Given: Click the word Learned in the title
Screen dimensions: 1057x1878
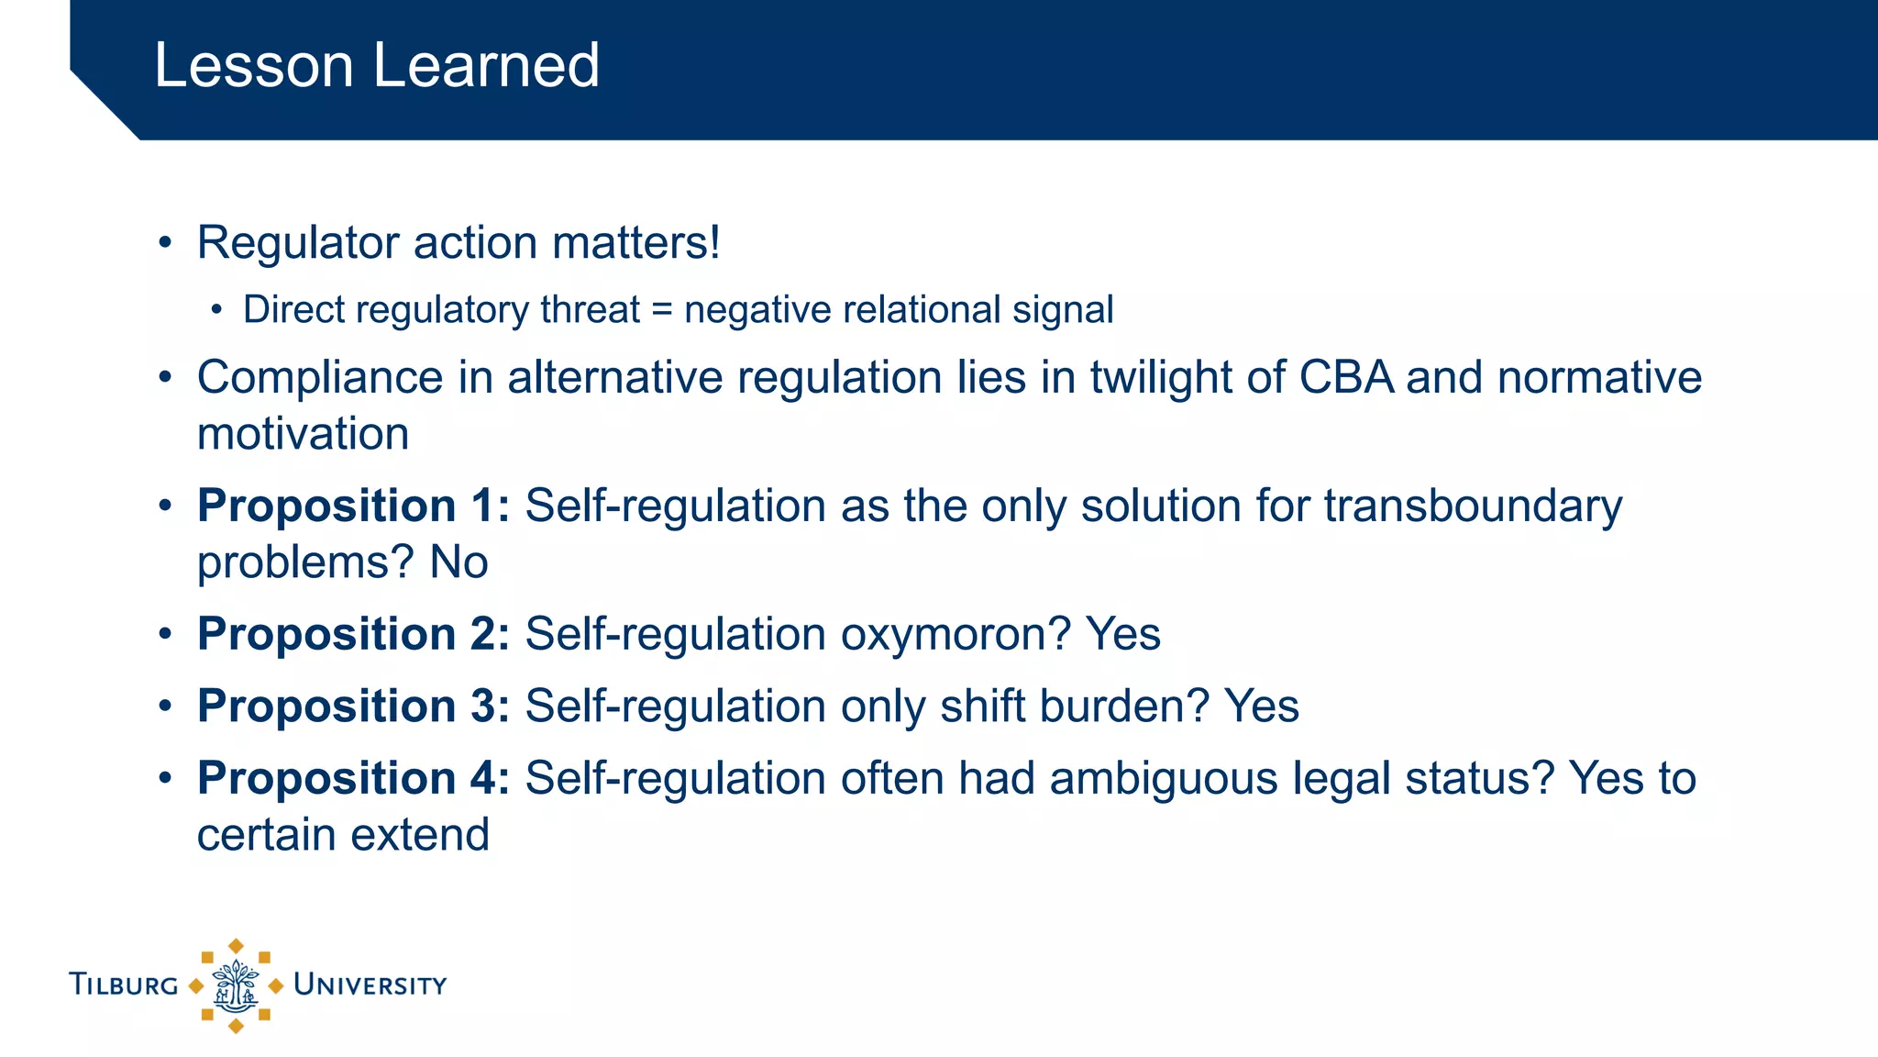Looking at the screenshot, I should [485, 66].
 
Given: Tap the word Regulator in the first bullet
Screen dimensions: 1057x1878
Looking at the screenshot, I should [298, 244].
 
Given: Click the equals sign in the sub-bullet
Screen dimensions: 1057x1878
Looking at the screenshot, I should [661, 310].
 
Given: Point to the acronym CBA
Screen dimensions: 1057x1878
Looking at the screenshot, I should [1346, 378].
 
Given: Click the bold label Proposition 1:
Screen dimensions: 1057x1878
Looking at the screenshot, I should [353, 506].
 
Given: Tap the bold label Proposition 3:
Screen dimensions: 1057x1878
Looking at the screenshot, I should [353, 707].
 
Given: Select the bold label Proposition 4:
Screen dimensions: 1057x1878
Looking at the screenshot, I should [353, 779].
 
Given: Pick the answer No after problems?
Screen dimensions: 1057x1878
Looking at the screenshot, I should [458, 562].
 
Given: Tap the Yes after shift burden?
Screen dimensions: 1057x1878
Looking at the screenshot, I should [1262, 707].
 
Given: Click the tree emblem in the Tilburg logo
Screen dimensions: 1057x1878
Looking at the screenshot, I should [236, 986].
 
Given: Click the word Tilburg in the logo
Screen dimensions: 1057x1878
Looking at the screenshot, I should [124, 985].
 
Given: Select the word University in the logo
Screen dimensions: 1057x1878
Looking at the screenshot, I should [370, 985].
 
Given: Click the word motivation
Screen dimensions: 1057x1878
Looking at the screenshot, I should [303, 434].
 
